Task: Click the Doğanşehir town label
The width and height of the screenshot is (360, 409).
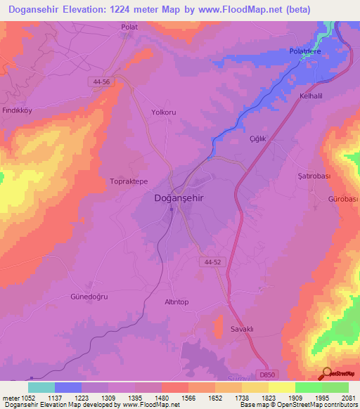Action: (179, 198)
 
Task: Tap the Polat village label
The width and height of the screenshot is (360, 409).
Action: (129, 27)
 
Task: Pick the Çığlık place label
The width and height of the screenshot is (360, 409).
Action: (259, 139)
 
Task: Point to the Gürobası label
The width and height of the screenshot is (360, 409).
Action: (344, 200)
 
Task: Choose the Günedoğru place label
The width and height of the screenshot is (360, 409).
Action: (89, 297)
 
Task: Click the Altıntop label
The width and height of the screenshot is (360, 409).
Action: (176, 301)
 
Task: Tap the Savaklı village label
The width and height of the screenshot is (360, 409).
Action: (243, 329)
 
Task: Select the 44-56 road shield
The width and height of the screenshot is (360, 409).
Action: (101, 82)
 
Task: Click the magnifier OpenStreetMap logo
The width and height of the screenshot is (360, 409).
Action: (328, 373)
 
